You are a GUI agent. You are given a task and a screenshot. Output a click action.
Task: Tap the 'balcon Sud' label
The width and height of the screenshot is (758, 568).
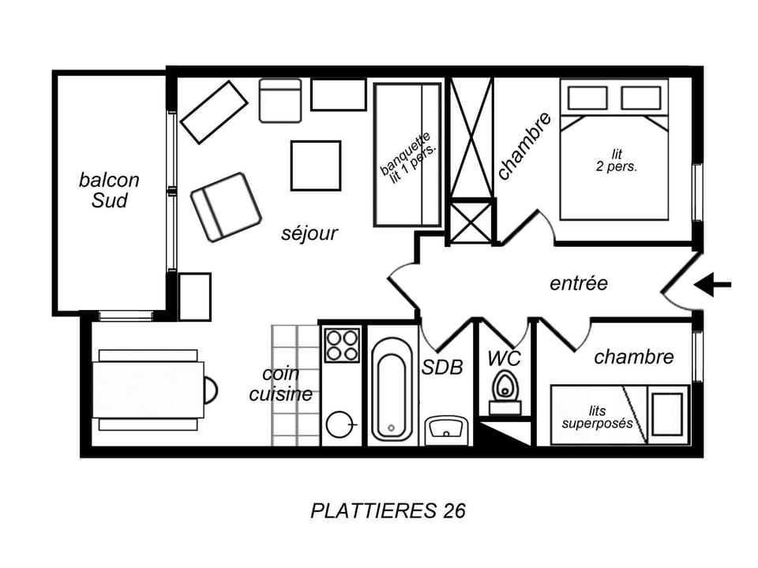click(x=109, y=190)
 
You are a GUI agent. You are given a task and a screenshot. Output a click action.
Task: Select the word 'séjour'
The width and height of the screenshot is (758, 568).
click(x=310, y=234)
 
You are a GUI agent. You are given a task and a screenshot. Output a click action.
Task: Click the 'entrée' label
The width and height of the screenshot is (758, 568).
click(x=579, y=282)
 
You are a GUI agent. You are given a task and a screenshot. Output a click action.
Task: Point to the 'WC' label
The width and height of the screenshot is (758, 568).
click(x=504, y=358)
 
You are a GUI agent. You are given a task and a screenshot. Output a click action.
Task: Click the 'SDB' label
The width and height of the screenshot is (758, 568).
click(x=442, y=367)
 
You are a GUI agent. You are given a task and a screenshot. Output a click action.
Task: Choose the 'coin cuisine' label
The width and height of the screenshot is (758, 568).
click(x=281, y=384)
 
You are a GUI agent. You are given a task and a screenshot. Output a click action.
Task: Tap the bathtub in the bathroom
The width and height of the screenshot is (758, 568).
click(x=392, y=389)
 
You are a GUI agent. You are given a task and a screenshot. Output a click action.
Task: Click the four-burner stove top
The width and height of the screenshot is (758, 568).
click(x=342, y=345)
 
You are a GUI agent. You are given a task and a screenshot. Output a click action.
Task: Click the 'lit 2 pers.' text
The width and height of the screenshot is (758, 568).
click(x=616, y=161)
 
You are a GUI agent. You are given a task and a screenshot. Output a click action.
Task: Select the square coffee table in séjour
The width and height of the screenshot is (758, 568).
click(x=315, y=166)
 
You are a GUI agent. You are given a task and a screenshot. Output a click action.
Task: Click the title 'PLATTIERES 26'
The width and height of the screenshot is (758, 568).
click(x=388, y=510)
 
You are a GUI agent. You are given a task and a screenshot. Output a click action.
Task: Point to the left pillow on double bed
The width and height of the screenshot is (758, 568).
click(x=587, y=98)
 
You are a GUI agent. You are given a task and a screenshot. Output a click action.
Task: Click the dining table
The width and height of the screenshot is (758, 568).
click(x=148, y=390)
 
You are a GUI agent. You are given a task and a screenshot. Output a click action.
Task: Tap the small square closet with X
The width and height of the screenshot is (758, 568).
click(x=471, y=221)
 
